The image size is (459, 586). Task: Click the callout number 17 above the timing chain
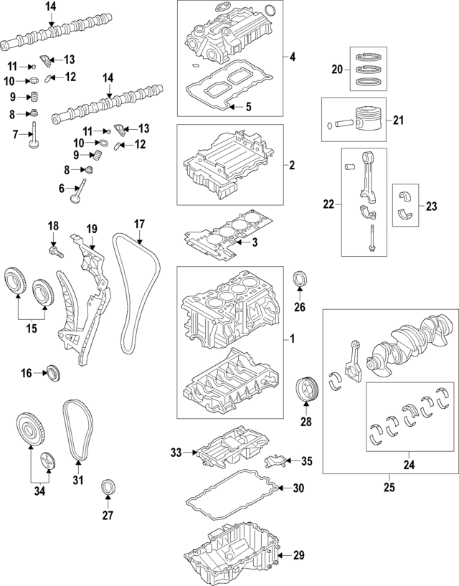click(139, 223)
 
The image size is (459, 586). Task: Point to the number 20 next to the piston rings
click(337, 69)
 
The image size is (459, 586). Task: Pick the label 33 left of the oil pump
click(176, 453)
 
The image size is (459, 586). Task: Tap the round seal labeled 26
click(300, 278)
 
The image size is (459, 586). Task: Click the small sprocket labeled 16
click(52, 372)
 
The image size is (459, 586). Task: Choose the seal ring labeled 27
click(108, 485)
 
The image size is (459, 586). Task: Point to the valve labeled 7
click(34, 138)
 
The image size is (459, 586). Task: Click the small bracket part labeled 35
click(276, 460)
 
